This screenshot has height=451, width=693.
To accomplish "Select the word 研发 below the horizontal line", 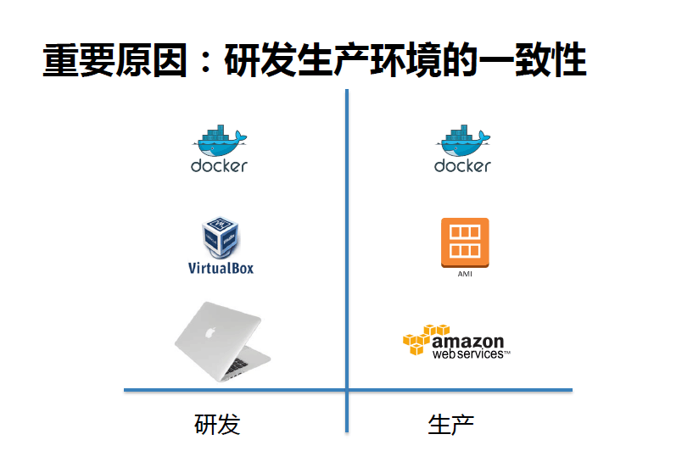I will (x=217, y=423).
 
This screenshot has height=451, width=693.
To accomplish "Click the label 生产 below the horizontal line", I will (x=450, y=423).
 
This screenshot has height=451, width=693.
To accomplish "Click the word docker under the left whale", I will (x=219, y=165).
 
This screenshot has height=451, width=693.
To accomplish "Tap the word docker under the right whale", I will (x=462, y=165).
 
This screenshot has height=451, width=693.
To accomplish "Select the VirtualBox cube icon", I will (x=220, y=237).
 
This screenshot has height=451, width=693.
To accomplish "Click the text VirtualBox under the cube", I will (x=221, y=268).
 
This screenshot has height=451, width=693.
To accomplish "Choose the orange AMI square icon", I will (x=465, y=242).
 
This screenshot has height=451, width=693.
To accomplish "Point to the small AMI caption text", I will (x=465, y=274).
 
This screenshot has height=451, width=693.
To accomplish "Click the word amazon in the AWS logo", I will (x=468, y=341).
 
